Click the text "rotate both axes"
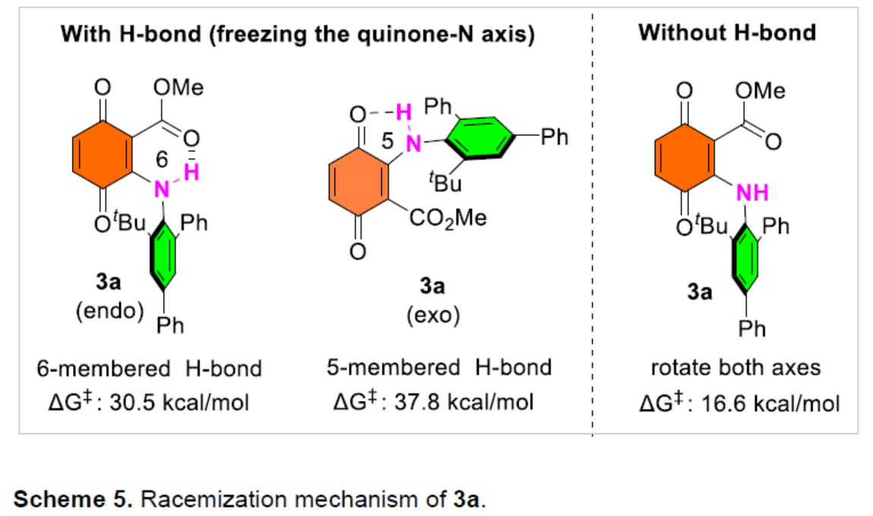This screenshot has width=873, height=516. click(735, 368)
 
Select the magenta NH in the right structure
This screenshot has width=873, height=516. click(752, 194)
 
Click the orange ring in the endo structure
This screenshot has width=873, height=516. click(103, 162)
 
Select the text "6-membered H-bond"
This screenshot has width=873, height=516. click(149, 369)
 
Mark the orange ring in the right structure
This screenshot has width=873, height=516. click(685, 162)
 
